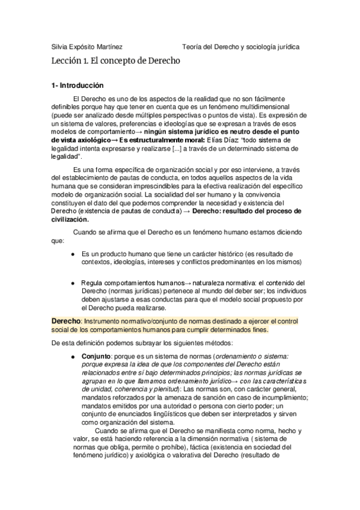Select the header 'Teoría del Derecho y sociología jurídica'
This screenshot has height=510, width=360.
point(241,47)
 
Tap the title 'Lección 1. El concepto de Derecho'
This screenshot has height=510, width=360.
point(116,61)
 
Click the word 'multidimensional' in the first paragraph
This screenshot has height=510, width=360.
point(264,106)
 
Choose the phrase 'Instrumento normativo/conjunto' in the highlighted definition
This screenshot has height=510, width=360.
point(127,322)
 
